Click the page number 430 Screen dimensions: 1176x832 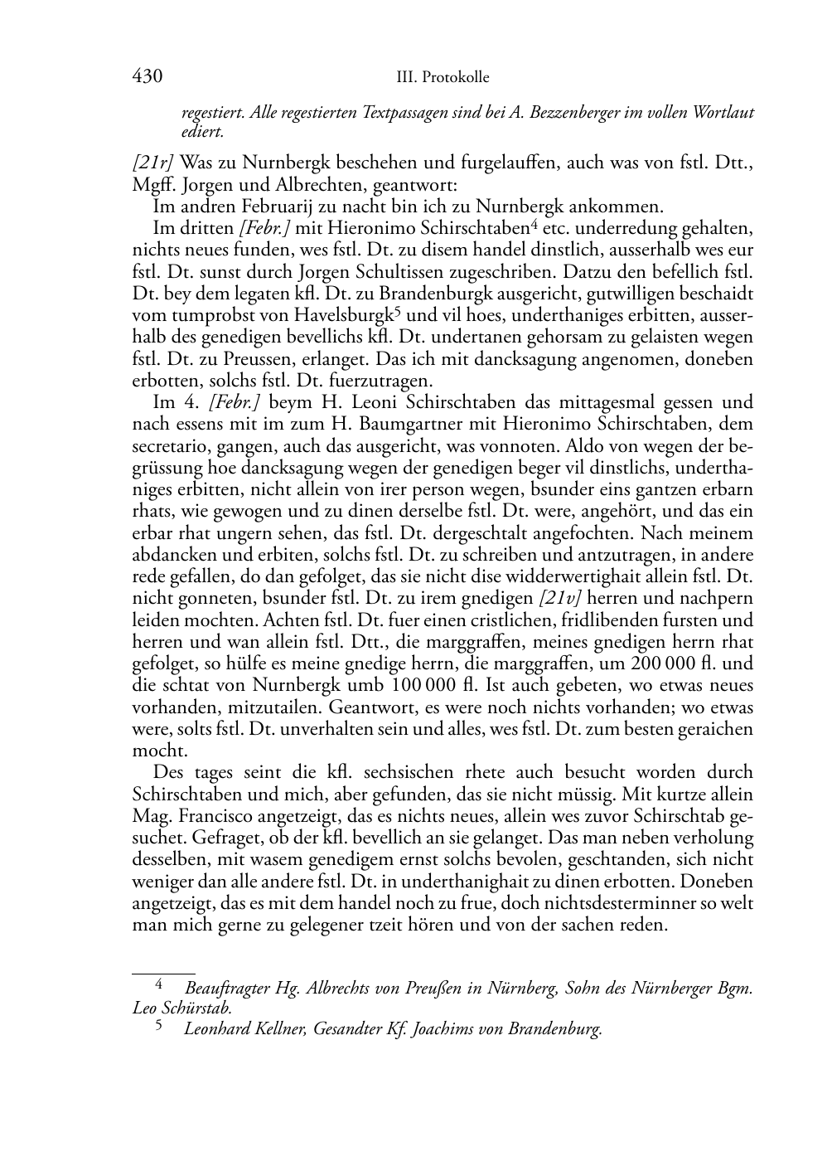click(146, 77)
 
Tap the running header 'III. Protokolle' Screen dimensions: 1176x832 click(443, 78)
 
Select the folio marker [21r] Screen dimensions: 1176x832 click(152, 162)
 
